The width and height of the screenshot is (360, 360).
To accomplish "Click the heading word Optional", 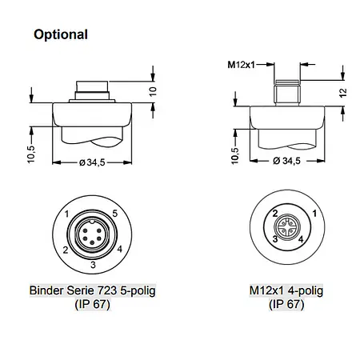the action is pyautogui.click(x=61, y=34).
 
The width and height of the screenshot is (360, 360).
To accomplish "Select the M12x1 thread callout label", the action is pyautogui.click(x=241, y=65).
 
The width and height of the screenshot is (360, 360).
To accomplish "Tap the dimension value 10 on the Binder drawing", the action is pyautogui.click(x=153, y=91).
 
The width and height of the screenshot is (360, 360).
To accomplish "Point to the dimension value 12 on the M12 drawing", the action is pyautogui.click(x=343, y=93).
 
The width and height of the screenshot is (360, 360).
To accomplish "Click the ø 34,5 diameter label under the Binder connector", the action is pyautogui.click(x=92, y=162).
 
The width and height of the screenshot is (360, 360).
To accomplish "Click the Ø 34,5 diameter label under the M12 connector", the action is pyautogui.click(x=286, y=161).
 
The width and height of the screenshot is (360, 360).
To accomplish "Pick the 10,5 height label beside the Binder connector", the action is pyautogui.click(x=31, y=154).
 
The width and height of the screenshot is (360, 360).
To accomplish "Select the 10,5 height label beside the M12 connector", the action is pyautogui.click(x=235, y=155).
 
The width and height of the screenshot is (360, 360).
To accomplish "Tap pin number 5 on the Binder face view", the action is pyautogui.click(x=115, y=214).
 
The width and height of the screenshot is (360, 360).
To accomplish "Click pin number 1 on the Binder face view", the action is pyautogui.click(x=66, y=214).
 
